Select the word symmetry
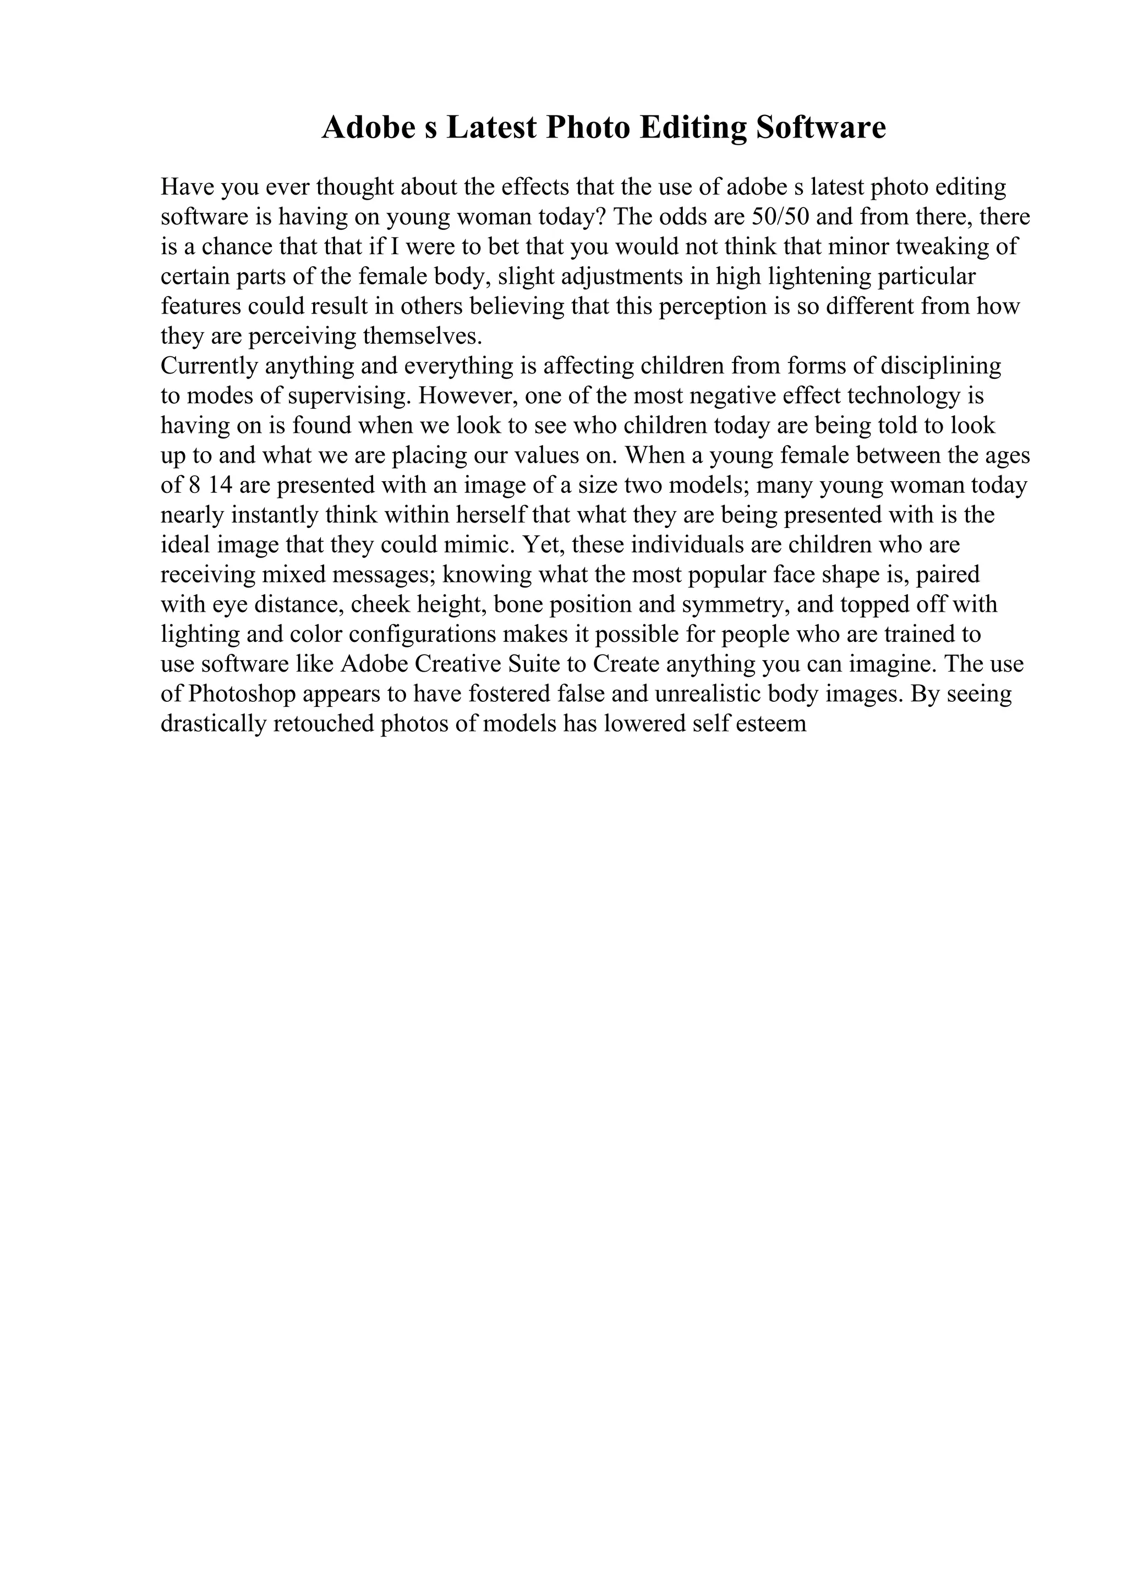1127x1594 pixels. tap(738, 604)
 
